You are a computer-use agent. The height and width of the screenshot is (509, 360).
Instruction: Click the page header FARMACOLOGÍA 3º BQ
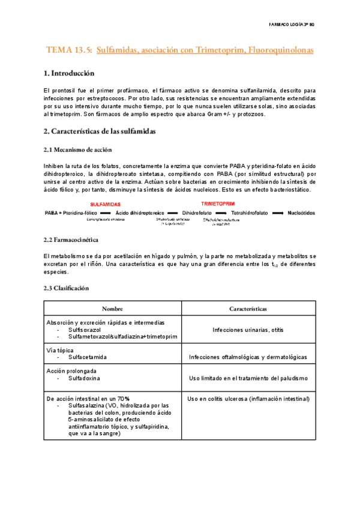tap(295, 23)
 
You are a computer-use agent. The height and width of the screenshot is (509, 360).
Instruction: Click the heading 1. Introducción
tap(69, 74)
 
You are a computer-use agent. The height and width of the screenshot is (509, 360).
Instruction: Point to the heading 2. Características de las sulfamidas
tap(100, 130)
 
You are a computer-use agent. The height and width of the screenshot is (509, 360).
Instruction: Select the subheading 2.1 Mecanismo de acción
tap(77, 149)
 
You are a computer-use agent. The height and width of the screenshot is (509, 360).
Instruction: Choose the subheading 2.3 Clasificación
tap(66, 288)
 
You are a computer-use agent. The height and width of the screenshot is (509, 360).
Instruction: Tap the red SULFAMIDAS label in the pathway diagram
tap(106, 204)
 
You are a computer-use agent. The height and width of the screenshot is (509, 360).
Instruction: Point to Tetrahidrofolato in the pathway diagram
tap(250, 212)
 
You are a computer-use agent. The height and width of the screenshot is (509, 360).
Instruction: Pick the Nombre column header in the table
tap(112, 309)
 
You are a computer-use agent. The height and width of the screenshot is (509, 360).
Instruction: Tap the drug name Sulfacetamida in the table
tap(88, 357)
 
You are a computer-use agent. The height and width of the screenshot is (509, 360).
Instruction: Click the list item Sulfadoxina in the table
tap(84, 379)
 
